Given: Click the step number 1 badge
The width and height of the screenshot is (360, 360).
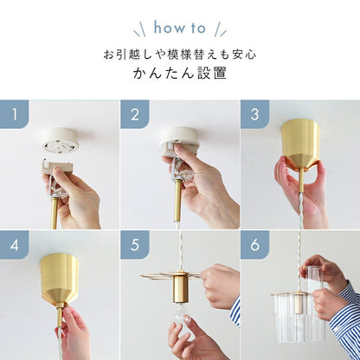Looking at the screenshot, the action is [x=14, y=114].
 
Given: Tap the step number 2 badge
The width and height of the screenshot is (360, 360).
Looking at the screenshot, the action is [x=135, y=114].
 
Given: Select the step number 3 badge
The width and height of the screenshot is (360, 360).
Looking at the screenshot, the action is [x=254, y=114].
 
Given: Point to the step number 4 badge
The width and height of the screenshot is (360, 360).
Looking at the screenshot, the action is [x=14, y=245].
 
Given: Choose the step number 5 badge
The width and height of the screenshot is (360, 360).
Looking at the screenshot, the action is [x=135, y=245].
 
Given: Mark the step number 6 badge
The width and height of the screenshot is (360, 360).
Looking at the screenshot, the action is [x=254, y=245].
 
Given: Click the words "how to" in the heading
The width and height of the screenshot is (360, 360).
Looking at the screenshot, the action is [x=180, y=28].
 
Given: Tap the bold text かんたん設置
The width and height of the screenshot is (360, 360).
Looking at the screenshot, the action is [x=180, y=74].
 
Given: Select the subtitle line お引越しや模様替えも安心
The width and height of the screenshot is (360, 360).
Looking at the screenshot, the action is [x=180, y=55].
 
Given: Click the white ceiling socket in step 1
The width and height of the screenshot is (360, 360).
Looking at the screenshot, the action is [x=60, y=140].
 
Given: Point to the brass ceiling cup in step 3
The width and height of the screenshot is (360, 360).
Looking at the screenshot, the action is [x=300, y=144].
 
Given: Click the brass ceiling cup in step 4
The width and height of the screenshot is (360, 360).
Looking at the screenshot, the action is [x=60, y=279].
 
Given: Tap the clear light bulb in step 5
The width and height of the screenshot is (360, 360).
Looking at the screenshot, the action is [x=181, y=314].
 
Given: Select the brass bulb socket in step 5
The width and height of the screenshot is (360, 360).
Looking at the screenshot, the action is [x=181, y=288].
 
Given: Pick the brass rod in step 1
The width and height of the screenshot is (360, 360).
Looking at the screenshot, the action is [x=55, y=212].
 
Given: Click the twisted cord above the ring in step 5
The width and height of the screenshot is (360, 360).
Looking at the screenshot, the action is [x=181, y=250].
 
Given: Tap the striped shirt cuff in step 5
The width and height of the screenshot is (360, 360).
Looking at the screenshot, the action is [x=235, y=311].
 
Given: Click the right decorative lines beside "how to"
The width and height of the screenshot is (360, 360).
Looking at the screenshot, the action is [x=221, y=29].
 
